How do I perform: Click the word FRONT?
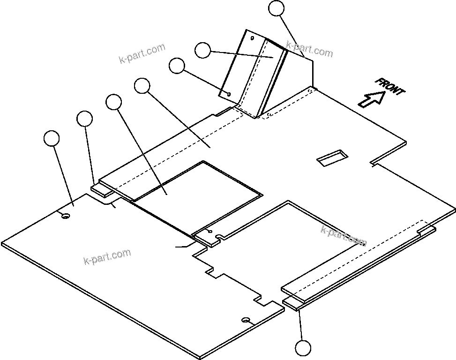tap(389, 87)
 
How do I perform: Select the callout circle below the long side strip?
tap(303, 349)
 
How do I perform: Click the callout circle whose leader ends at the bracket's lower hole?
tap(177, 66)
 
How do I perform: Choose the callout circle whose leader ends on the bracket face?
tap(202, 50)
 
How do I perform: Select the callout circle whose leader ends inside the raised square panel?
tap(113, 102)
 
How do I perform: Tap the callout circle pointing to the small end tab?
tap(85, 119)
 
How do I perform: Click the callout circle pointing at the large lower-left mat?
tap(52, 139)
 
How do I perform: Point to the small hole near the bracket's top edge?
tap(252, 38)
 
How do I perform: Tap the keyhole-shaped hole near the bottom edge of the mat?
tap(246, 320)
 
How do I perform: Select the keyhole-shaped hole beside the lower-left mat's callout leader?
tap(66, 216)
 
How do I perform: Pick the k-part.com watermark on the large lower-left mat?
tap(107, 256)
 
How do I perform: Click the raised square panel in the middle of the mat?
tap(197, 197)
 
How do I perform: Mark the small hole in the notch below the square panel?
tap(209, 232)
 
